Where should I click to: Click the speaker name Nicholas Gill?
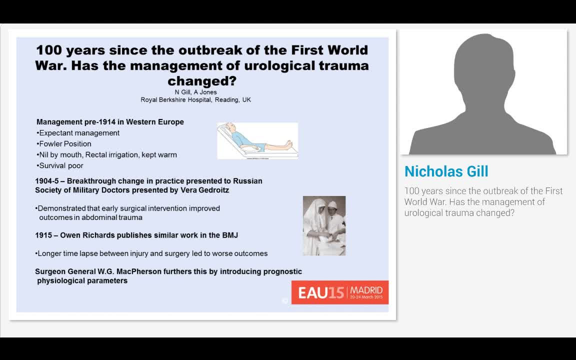446,171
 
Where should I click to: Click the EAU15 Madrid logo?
340,292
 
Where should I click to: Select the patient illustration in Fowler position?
257,140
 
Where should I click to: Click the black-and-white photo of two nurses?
324,225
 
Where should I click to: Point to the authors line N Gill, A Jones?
196,92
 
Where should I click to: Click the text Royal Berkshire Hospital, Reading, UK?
196,100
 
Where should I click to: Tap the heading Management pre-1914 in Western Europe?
110,122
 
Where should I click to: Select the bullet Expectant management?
78,133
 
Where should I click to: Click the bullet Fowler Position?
64,144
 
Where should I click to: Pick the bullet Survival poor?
60,165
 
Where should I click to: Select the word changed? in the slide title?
202,81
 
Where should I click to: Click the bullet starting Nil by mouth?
107,155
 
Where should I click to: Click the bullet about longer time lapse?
151,253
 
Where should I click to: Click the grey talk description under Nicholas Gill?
483,201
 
